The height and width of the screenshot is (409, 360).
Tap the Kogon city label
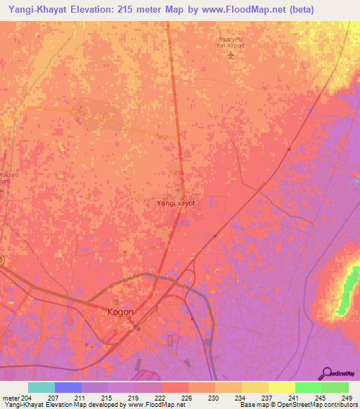coord(120,311)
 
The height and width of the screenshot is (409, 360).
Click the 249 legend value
coord(345,397)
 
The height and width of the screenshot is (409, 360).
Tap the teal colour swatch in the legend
coord(41,387)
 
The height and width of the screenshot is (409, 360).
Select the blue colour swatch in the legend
coord(68,387)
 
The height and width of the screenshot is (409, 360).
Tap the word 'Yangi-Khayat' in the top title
coord(37,9)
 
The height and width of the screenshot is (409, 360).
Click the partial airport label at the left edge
coord(6,176)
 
